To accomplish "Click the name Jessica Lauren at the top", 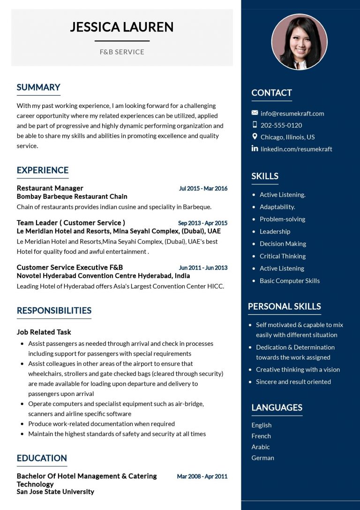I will click(x=122, y=27).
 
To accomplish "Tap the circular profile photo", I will click(x=300, y=42).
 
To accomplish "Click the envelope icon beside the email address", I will click(x=255, y=113).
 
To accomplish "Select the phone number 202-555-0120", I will click(x=281, y=125).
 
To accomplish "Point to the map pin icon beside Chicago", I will click(x=255, y=137).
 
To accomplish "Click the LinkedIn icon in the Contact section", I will click(x=255, y=149).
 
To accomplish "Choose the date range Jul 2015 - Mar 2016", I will click(x=203, y=189).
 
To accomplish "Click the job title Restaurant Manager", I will click(x=50, y=188).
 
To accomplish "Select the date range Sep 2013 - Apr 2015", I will click(x=202, y=223).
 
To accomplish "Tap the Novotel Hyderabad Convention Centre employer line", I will click(x=103, y=276).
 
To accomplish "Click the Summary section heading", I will click(x=38, y=87).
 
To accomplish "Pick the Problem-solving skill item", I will click(x=282, y=219).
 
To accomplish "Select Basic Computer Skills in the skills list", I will click(x=289, y=281).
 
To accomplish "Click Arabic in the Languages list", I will click(x=261, y=447).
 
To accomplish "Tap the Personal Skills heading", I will click(x=284, y=306).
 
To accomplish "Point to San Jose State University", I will click(x=55, y=492).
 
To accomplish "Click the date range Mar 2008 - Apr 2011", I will click(x=202, y=476).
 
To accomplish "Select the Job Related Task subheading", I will click(x=44, y=332).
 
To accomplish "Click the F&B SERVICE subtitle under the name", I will click(x=122, y=52).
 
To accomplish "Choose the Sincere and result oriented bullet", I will click(x=293, y=381).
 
